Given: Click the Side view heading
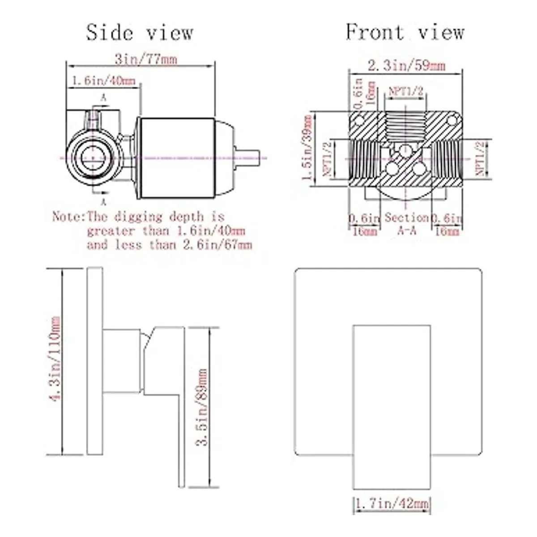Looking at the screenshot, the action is point(140,33).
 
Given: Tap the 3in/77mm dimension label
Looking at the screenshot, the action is point(146,59).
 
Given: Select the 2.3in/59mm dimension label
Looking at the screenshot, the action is point(407,66).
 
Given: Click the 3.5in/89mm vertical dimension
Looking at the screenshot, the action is point(201,407).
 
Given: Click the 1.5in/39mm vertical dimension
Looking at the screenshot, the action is point(307,148).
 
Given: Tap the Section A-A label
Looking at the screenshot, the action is point(406,224).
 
